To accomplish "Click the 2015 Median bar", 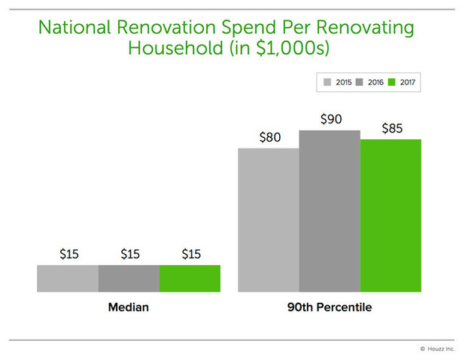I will pyautogui.click(x=67, y=278).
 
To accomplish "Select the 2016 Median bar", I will pyautogui.click(x=129, y=278).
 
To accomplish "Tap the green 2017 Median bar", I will pyautogui.click(x=190, y=278).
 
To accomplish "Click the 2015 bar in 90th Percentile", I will pyautogui.click(x=268, y=219).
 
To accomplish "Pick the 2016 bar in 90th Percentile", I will pyautogui.click(x=330, y=211).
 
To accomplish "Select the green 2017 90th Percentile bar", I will pyautogui.click(x=391, y=215).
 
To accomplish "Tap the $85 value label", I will pyautogui.click(x=391, y=128).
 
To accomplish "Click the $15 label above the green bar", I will pyautogui.click(x=191, y=254).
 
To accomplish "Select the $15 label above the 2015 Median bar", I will pyautogui.click(x=68, y=254).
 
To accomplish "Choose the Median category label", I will pyautogui.click(x=128, y=308).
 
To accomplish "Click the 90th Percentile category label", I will pyautogui.click(x=330, y=308).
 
